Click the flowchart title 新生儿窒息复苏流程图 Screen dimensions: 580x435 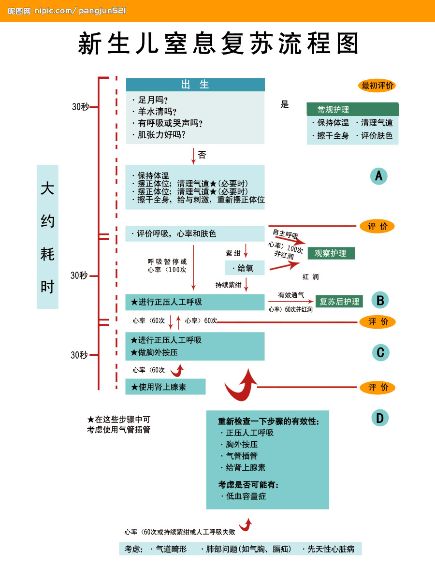click(218, 44)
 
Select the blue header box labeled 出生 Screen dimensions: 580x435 click(195, 85)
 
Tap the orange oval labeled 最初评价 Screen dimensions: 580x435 click(378, 86)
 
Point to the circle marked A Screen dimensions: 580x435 click(378, 176)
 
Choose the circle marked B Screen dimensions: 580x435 click(380, 301)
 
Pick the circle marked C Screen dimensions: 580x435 click(380, 353)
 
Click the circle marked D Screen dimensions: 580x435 click(380, 418)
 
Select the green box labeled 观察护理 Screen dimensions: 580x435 click(331, 253)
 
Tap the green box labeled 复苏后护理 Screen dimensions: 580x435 click(339, 302)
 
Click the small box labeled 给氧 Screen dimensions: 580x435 click(245, 268)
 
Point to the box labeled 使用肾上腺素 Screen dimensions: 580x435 click(165, 387)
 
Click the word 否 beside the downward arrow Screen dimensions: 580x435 click(202, 155)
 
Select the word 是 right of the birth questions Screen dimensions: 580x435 click(285, 104)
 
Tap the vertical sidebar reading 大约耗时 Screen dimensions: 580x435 click(47, 237)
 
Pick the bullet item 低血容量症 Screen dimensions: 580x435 click(245, 496)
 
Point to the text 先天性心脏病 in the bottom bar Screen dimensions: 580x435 click(331, 549)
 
